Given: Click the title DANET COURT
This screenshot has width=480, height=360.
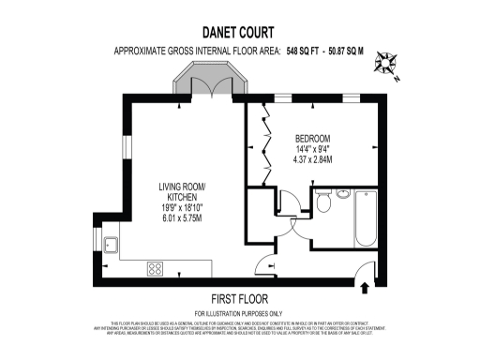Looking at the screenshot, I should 240,32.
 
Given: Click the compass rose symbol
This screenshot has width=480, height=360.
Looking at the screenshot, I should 386,64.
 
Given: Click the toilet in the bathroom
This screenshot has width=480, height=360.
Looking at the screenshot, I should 322,203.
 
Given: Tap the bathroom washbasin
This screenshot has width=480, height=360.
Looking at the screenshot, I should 343,194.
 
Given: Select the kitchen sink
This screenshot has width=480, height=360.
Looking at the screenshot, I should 113,246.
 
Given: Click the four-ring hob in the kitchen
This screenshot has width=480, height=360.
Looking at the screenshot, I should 154,269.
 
